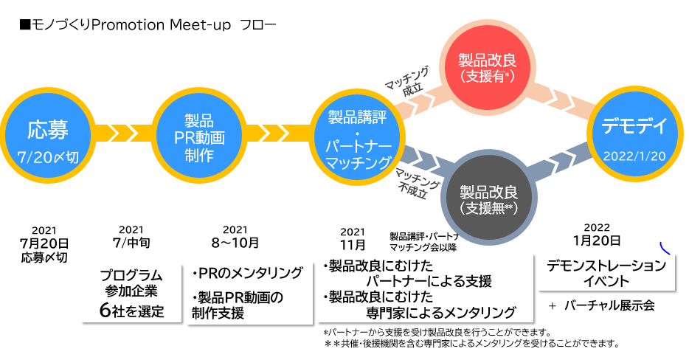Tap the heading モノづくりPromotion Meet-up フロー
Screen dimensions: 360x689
(x=148, y=24)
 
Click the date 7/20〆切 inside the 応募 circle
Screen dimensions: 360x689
(x=48, y=156)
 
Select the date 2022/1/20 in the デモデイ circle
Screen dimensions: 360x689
(x=634, y=156)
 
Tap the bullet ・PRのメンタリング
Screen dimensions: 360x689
(x=246, y=273)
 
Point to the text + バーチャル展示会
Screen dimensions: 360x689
(x=601, y=305)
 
